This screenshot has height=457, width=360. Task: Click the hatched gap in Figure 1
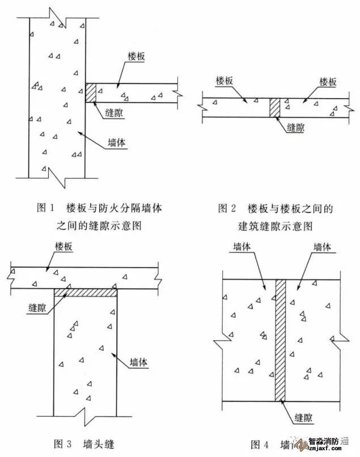(x=91, y=93)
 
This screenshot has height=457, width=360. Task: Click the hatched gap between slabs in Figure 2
(x=275, y=107)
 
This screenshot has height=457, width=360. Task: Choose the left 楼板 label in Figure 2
(x=225, y=82)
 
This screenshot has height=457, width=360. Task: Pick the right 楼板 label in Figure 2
(x=328, y=82)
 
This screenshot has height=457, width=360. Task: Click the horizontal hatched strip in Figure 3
(x=86, y=293)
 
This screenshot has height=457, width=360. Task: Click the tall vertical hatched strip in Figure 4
(x=280, y=339)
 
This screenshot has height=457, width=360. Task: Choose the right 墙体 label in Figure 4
(x=324, y=247)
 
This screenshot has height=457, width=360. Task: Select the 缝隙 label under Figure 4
(x=305, y=418)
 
